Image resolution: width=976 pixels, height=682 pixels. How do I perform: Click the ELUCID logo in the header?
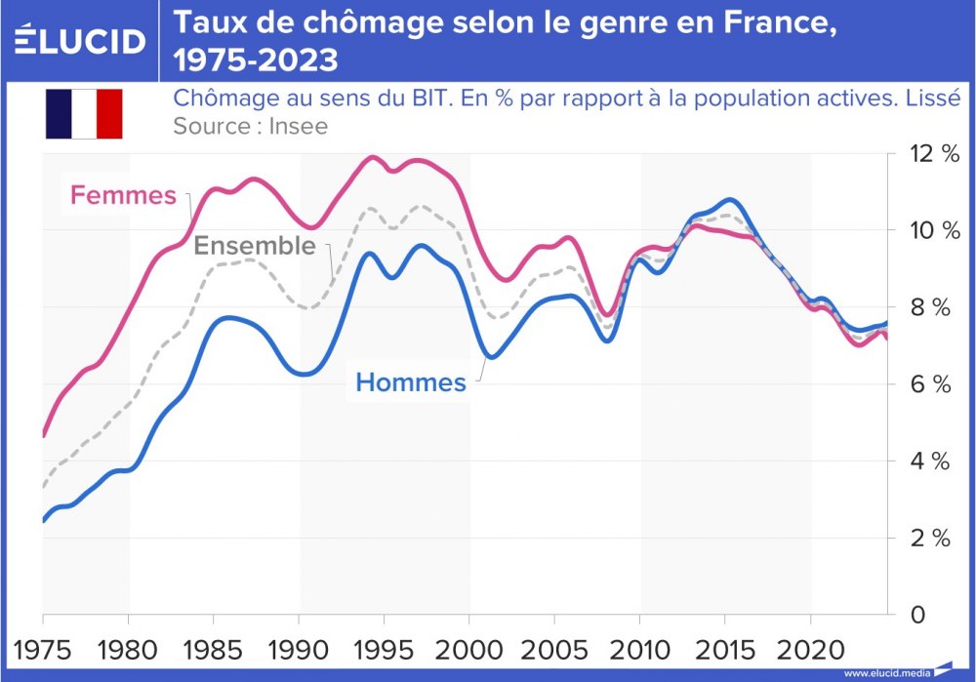[x=81, y=40]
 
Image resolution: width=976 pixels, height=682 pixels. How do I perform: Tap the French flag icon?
[x=83, y=113]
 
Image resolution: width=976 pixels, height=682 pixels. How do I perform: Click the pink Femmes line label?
[x=123, y=196]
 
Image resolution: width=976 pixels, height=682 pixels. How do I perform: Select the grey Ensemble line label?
[x=255, y=245]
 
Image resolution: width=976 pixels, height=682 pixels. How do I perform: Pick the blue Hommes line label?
[x=411, y=383]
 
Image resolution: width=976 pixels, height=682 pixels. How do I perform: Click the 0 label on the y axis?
[x=917, y=615]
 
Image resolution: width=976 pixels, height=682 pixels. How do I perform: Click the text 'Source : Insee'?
[x=250, y=126]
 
